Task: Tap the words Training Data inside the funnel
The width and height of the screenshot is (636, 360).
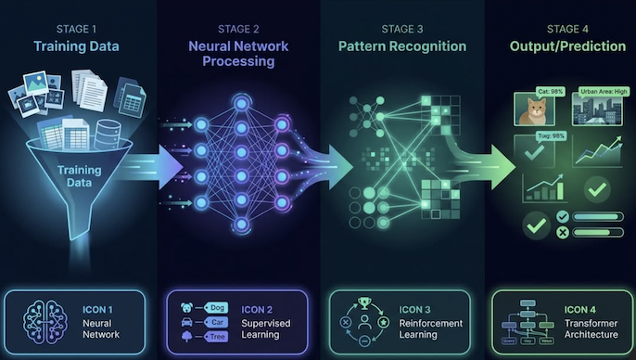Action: point(80,175)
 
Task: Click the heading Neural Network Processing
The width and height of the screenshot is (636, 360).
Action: point(239,54)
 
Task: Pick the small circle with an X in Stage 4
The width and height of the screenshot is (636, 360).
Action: point(562,232)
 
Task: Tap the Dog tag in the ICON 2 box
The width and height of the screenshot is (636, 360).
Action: point(217,307)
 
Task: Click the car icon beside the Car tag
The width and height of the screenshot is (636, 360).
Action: point(188,323)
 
